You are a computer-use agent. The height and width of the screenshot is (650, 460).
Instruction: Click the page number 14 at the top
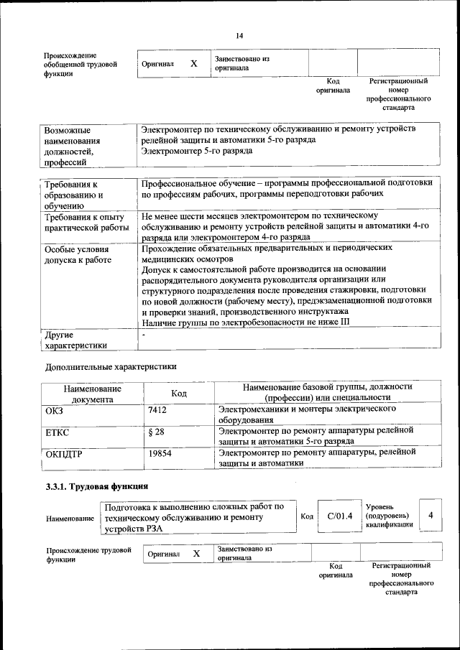[240, 35]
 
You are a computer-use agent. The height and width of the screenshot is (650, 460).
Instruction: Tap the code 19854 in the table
[160, 454]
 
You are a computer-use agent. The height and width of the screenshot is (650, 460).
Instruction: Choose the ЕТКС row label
[57, 432]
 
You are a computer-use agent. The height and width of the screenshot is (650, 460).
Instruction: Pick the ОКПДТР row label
[65, 455]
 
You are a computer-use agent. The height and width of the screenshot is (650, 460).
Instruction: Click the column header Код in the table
[179, 394]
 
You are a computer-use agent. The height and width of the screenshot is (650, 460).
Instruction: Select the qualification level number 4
[431, 515]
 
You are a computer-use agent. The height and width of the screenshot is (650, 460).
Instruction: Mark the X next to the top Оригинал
[193, 64]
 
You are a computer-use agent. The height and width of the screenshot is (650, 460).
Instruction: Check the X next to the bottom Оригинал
[195, 554]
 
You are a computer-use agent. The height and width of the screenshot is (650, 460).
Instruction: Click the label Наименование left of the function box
[70, 519]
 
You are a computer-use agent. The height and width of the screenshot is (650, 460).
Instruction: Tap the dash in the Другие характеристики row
[144, 335]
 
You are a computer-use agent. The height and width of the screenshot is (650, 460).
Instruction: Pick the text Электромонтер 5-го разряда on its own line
[197, 152]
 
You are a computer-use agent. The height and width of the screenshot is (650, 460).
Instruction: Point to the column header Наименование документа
[92, 394]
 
